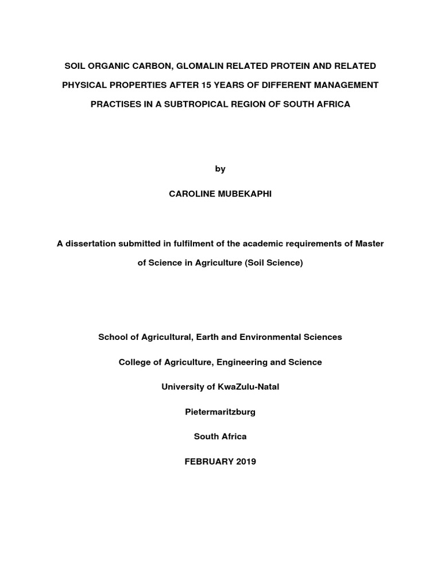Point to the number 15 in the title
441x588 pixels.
click(207, 86)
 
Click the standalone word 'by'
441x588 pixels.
click(220, 169)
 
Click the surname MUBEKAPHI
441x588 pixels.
click(243, 194)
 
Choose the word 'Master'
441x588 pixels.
click(369, 243)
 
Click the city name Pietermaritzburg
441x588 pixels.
click(220, 412)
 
